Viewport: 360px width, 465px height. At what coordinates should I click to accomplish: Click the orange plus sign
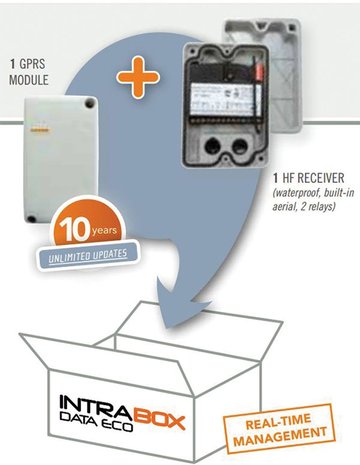138,77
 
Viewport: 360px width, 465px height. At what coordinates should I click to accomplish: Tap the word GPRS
32,63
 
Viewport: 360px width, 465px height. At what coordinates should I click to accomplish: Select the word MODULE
29,80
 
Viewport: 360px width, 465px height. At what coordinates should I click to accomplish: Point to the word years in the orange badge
104,231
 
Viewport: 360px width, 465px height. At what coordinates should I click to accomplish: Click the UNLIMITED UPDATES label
88,255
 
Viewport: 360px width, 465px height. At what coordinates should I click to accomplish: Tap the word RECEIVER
320,178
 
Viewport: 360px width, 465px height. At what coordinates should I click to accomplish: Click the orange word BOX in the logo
159,419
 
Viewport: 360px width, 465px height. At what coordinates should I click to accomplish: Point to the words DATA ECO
96,422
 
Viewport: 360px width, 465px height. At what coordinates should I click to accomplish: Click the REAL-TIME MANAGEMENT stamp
279,429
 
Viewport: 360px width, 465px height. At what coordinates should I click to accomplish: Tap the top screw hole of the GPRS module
89,104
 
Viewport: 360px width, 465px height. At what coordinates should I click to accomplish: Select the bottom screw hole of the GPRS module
31,219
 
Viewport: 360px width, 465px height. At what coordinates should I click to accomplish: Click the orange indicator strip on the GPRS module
39,130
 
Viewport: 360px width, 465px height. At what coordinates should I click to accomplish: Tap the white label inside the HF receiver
223,99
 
